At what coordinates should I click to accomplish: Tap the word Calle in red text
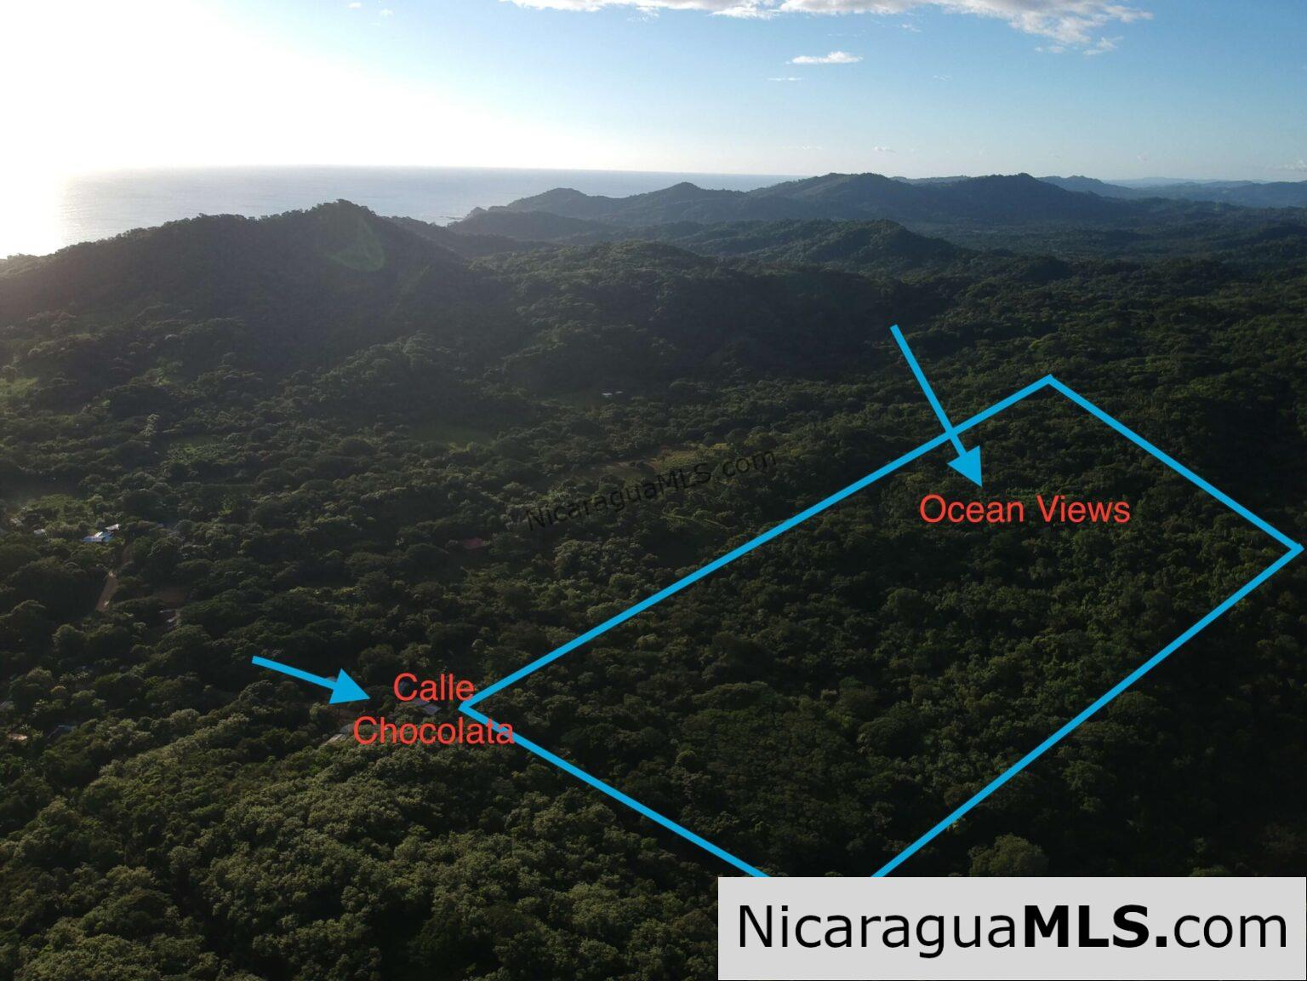433,688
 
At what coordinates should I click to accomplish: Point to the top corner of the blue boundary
1048,378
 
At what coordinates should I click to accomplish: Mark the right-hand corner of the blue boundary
1298,548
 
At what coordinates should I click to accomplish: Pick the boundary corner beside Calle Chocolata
463,707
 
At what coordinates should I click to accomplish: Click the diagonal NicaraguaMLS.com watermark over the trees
651,489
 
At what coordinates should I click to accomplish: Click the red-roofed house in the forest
474,542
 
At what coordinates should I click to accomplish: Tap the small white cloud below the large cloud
825,59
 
